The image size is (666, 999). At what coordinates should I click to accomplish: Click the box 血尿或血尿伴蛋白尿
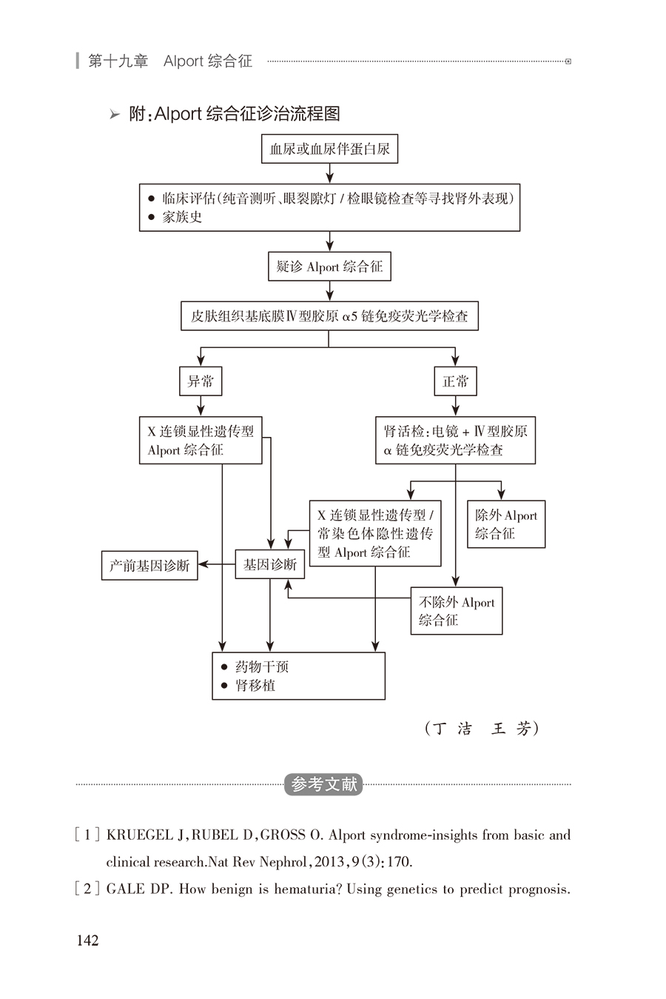click(x=329, y=149)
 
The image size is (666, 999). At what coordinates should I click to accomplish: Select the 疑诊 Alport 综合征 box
click(x=329, y=267)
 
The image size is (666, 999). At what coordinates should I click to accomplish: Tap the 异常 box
click(x=201, y=381)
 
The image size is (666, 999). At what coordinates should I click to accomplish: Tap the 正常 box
click(x=455, y=381)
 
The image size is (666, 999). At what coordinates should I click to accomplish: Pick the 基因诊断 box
click(x=269, y=564)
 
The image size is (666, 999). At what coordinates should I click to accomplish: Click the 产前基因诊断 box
click(x=149, y=566)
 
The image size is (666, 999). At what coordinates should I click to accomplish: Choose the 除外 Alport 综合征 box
click(x=506, y=524)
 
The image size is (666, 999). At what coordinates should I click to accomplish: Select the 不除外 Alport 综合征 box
click(x=457, y=611)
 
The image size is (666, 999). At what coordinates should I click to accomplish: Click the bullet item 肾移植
click(x=255, y=686)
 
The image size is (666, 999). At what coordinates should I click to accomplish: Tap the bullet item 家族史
click(x=182, y=218)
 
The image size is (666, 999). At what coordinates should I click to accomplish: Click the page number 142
click(x=87, y=940)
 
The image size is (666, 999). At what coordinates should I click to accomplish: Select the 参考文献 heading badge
click(x=324, y=784)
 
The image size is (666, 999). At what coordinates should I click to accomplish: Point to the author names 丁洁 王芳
click(x=482, y=729)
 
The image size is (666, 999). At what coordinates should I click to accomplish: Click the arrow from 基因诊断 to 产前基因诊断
click(x=216, y=565)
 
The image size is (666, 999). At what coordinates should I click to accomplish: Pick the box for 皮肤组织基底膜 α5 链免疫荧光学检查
click(x=329, y=316)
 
